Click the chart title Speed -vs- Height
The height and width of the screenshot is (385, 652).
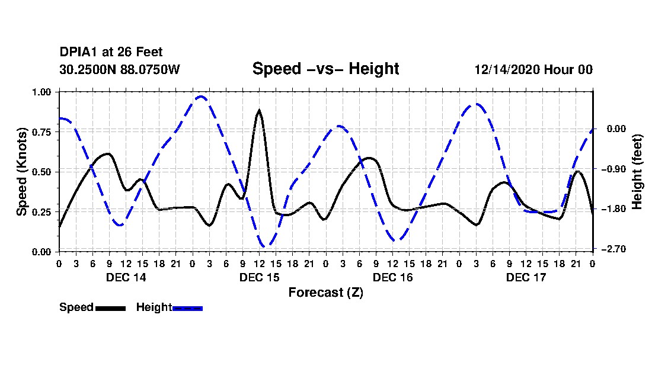325,69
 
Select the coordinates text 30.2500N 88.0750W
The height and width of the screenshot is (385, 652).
119,69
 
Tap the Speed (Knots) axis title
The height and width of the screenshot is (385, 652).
22,172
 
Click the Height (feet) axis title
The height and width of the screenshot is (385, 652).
637,172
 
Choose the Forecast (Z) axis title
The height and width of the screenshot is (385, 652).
325,293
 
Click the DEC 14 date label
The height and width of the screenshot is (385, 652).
126,277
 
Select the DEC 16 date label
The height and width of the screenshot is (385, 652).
392,277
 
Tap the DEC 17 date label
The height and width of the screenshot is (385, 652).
526,277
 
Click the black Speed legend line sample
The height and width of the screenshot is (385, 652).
110,308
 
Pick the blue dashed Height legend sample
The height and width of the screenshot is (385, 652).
187,308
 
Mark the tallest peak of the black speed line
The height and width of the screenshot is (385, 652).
259,111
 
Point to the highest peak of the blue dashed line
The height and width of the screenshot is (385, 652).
201,96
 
